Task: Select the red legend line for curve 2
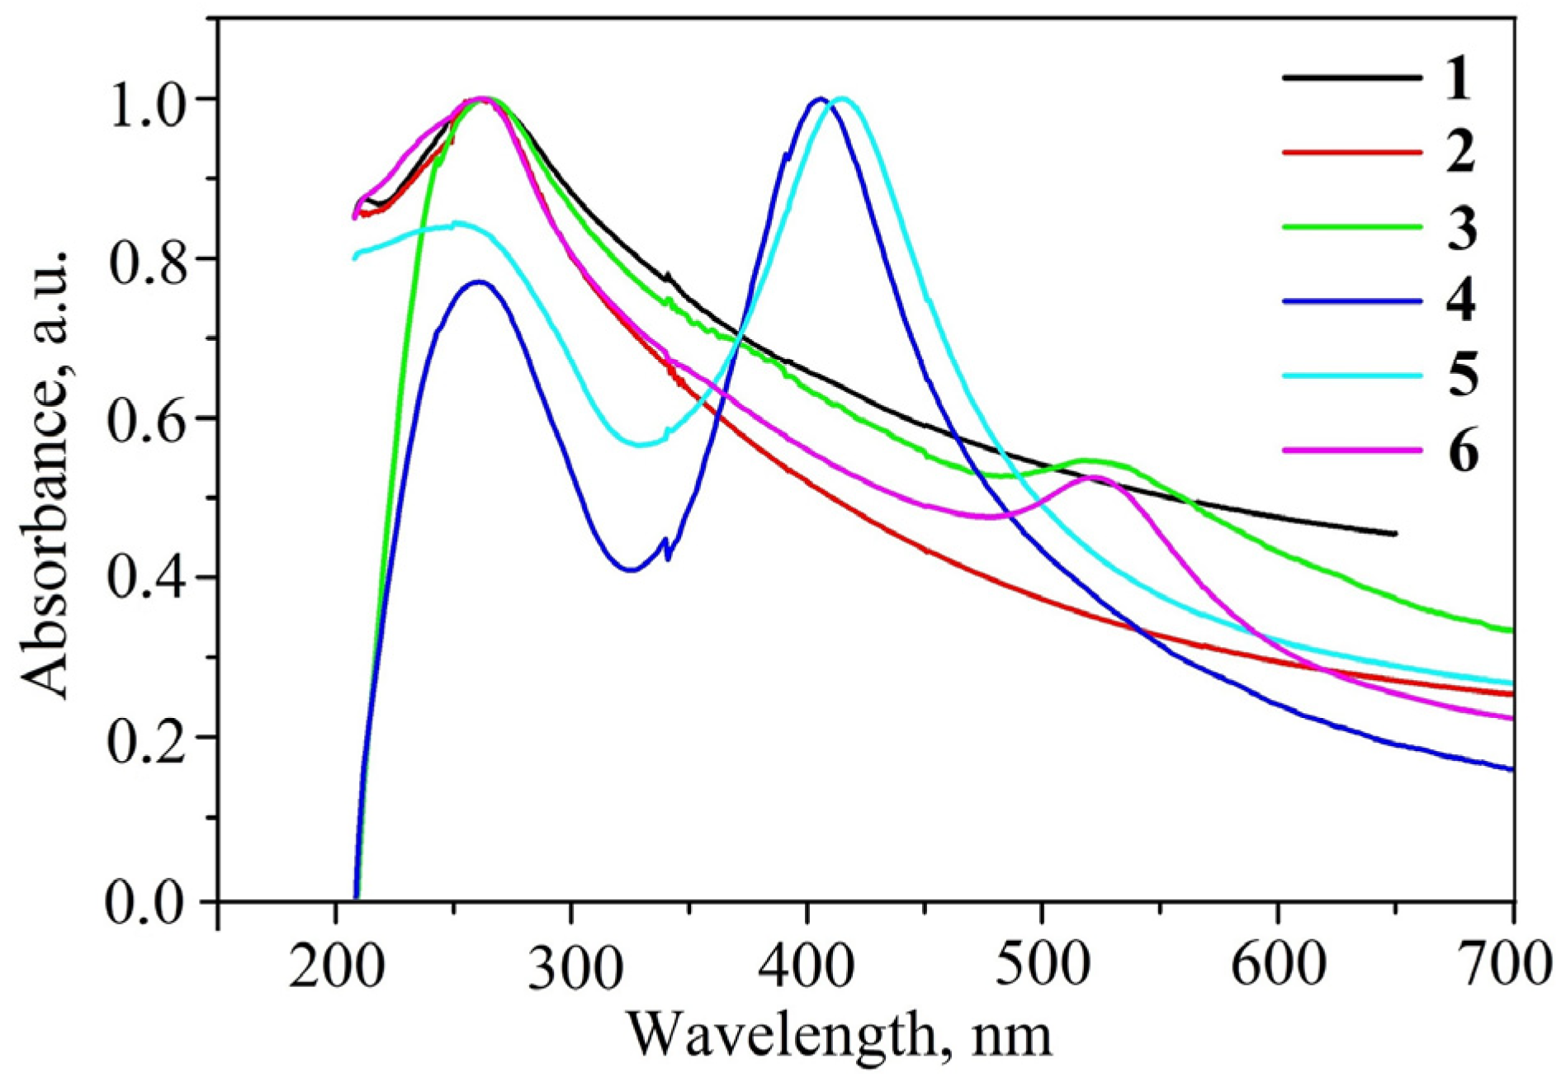[1352, 153]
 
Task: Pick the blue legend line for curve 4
[1352, 301]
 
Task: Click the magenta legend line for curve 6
[1352, 451]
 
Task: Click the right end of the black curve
[1394, 534]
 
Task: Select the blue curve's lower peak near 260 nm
[478, 281]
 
